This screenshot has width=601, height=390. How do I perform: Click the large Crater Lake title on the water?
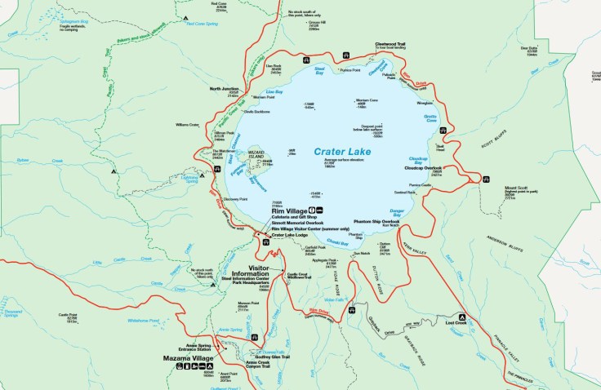coord(342,152)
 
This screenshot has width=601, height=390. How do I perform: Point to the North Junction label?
coord(225,88)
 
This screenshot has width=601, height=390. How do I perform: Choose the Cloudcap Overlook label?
coord(423,168)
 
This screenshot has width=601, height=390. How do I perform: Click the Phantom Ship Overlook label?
coord(376,222)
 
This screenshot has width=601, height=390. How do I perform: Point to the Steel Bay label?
coord(320,69)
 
